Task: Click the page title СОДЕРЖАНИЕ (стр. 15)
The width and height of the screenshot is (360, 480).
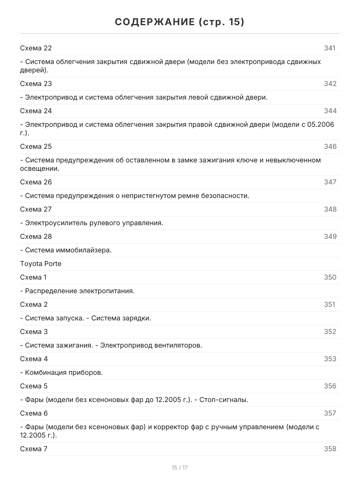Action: point(180,22)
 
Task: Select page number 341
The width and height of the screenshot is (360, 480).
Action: point(330,48)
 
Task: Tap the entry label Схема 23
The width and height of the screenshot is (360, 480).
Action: point(36,84)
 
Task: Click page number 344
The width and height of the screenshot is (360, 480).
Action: point(330,111)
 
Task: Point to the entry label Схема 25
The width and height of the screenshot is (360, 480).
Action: point(36,146)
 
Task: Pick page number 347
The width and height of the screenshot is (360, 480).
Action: point(330,182)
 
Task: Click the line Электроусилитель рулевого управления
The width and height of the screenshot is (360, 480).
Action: point(92,223)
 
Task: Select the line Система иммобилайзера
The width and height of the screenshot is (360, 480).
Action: point(66,250)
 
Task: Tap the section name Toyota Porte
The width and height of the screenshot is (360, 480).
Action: point(41,264)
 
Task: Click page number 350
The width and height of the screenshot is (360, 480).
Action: point(330,277)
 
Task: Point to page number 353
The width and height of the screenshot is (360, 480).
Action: point(330,359)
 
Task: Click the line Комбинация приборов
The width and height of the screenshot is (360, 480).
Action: point(62,372)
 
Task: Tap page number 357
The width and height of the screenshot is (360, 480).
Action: point(330,413)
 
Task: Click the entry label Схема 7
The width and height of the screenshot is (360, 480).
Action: point(34,449)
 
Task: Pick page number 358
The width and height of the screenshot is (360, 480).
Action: point(330,449)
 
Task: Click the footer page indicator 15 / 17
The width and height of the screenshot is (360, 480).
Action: point(180,468)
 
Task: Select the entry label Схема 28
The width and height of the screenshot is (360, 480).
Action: point(36,236)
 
